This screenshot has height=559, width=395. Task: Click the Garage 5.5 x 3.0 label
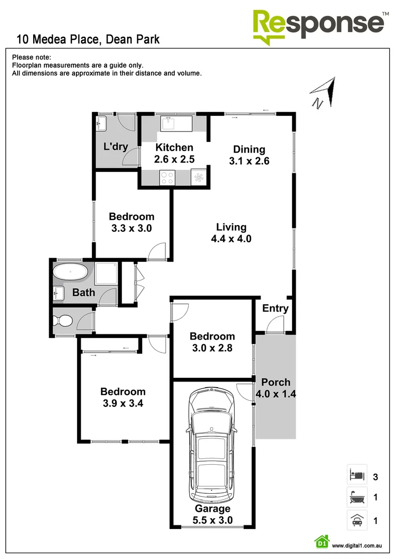pyautogui.click(x=212, y=514)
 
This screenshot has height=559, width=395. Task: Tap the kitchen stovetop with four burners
pyautogui.click(x=168, y=178)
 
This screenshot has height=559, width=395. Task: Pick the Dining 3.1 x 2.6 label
pyautogui.click(x=249, y=155)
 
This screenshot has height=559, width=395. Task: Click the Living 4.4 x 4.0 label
pyautogui.click(x=231, y=233)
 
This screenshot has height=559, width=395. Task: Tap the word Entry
pyautogui.click(x=275, y=308)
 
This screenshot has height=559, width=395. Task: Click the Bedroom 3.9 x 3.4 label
pyautogui.click(x=123, y=398)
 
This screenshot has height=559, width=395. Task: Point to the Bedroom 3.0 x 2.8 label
pyautogui.click(x=212, y=342)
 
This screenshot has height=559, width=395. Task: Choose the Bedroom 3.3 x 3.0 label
pyautogui.click(x=131, y=222)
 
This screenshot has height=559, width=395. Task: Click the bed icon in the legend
pyautogui.click(x=357, y=474)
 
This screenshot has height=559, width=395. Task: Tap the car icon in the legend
pyautogui.click(x=357, y=520)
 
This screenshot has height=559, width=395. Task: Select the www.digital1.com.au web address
pyautogui.click(x=356, y=545)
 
